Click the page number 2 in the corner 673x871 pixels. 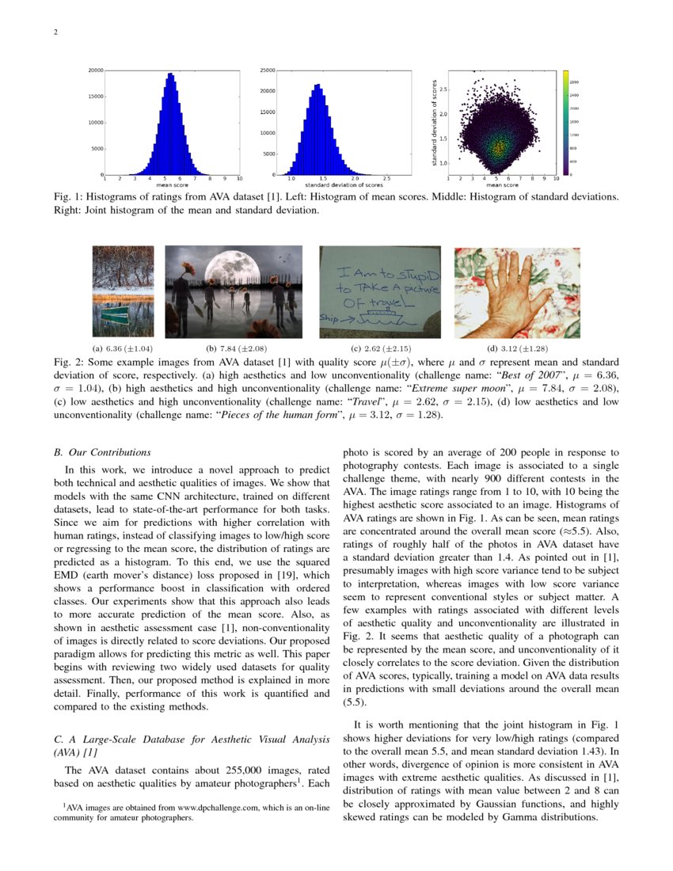click(55, 33)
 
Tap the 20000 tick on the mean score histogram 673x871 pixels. click(95, 70)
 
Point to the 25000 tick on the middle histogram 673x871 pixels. click(267, 70)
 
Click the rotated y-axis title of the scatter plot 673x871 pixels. click(435, 123)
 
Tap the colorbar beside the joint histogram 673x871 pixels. click(566, 123)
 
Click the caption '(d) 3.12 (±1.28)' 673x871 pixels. click(516, 348)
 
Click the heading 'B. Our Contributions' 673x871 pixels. click(101, 453)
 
